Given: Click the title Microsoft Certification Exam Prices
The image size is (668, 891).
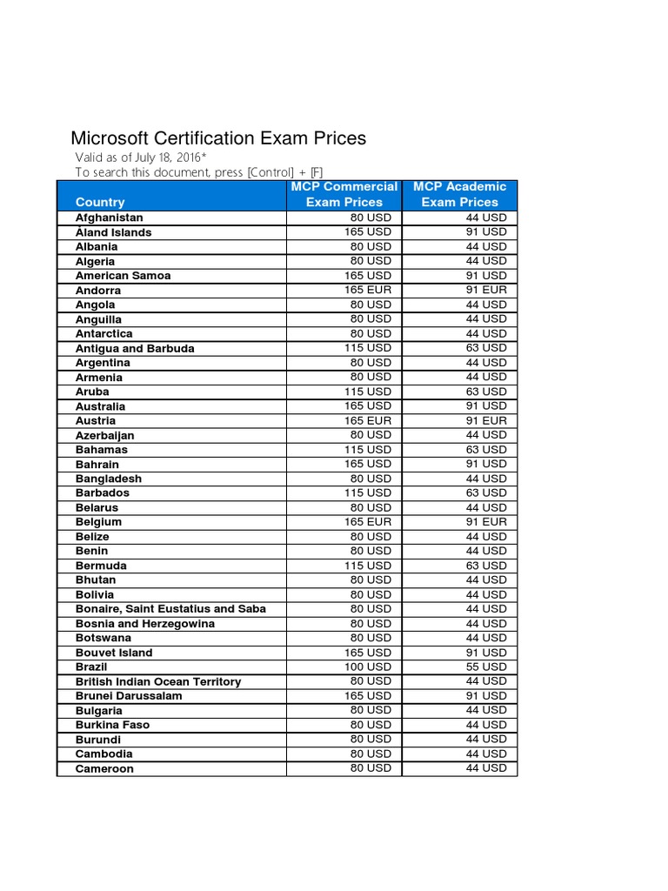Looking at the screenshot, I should point(217,138).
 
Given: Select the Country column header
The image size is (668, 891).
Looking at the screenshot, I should point(100,202).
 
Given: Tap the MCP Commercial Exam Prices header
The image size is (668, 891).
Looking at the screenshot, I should point(344,194).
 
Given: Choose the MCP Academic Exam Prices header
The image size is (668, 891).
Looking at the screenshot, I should point(459,194).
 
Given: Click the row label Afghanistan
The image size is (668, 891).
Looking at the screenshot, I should point(110,218).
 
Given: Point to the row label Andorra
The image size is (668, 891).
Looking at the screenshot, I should point(99,291).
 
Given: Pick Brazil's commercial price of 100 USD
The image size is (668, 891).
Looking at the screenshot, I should point(368,667).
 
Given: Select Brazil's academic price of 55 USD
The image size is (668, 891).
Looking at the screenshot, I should point(485,667).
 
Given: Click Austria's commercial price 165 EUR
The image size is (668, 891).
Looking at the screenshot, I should point(368,420).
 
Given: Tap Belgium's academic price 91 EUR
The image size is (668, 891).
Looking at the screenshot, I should point(485,522).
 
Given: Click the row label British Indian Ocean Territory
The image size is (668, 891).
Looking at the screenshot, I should point(158,681).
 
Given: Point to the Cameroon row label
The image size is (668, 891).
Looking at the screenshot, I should point(104,769).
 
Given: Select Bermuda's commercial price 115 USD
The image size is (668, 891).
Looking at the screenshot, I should point(368,566).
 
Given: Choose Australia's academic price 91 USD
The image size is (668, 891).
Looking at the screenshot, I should point(485,405).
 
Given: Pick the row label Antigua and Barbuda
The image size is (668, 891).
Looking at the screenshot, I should point(135,348).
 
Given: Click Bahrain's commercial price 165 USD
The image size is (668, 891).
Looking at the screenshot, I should point(368,464).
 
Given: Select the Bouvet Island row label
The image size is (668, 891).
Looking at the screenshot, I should point(114,653).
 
